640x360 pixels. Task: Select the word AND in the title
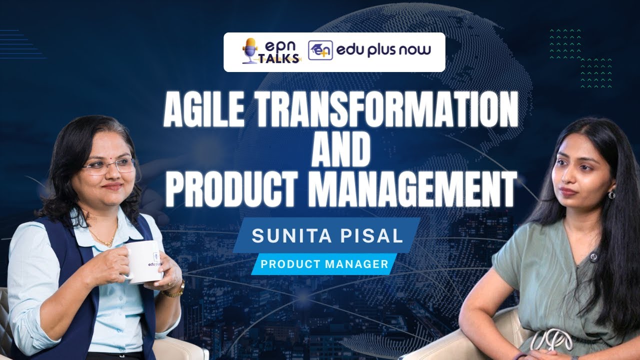(x=341, y=150)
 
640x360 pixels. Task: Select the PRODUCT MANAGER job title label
(x=324, y=264)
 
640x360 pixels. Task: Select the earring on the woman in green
(x=611, y=194)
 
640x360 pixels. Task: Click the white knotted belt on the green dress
(x=551, y=340)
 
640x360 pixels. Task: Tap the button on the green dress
(x=593, y=257)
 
